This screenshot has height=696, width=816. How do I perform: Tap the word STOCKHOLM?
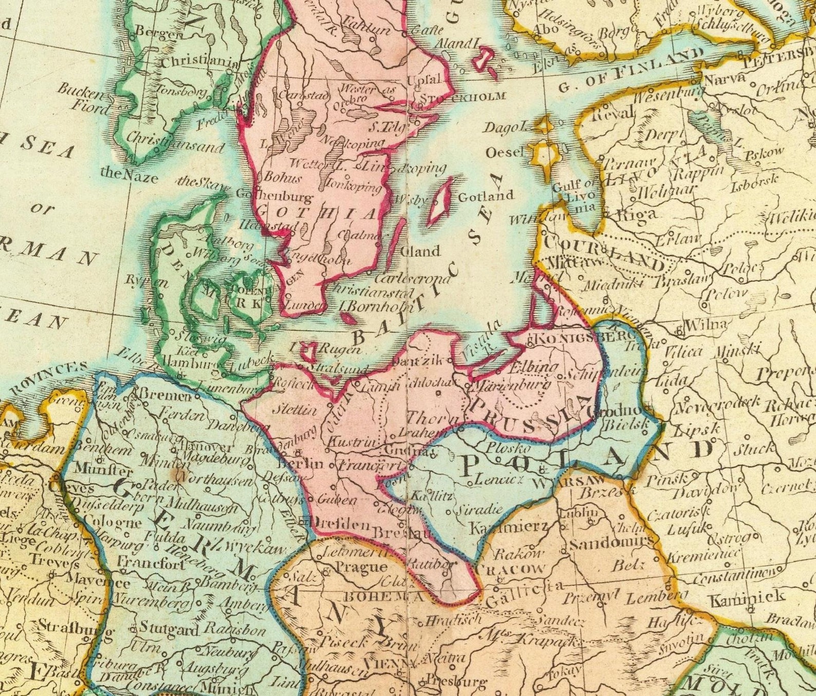tap(463, 97)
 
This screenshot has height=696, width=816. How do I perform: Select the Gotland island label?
tap(486, 196)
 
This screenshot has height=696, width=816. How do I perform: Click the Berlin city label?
tap(300, 464)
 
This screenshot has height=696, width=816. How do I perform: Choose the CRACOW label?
tap(510, 570)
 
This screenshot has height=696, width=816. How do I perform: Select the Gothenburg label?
tap(274, 196)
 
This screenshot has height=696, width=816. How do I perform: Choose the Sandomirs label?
tap(611, 542)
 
